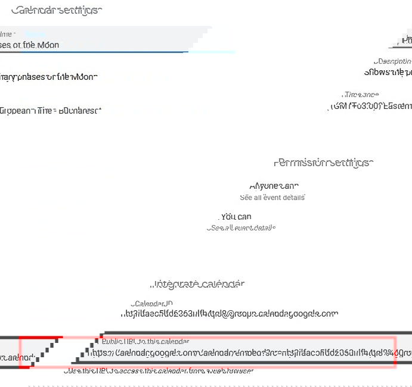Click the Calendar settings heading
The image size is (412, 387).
pyautogui.click(x=56, y=10)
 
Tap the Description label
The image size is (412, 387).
pyautogui.click(x=392, y=61)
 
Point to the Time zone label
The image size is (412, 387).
pyautogui.click(x=360, y=95)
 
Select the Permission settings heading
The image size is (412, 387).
pyautogui.click(x=323, y=163)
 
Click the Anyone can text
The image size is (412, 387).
pyautogui.click(x=274, y=186)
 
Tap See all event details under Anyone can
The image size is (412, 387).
pyautogui.click(x=272, y=197)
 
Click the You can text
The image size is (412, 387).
pyautogui.click(x=236, y=217)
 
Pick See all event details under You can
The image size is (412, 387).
pyautogui.click(x=241, y=227)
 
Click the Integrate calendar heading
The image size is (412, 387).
pyautogui.click(x=199, y=284)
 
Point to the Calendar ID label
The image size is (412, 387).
pyautogui.click(x=152, y=304)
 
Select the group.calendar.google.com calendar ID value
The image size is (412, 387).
pyautogui.click(x=230, y=314)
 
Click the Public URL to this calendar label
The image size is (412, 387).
pyautogui.click(x=145, y=342)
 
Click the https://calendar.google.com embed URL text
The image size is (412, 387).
pyautogui.click(x=238, y=352)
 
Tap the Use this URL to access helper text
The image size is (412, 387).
pyautogui.click(x=158, y=371)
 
